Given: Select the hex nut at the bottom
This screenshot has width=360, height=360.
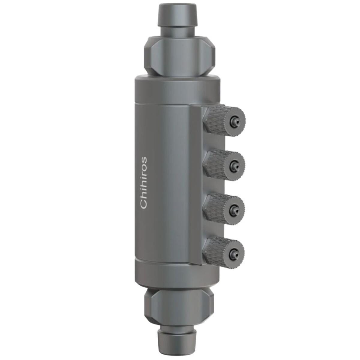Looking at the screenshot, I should coord(179,303).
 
